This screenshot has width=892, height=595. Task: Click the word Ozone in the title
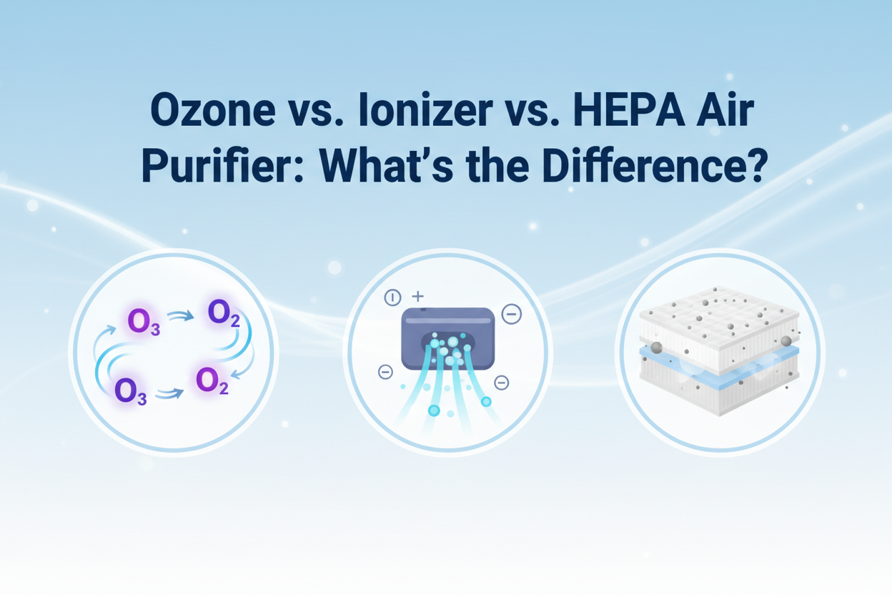pos(213,110)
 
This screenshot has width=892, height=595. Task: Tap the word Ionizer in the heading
pos(425,109)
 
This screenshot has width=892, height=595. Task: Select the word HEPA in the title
pos(629,109)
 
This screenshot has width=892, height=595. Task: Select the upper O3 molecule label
pos(144,323)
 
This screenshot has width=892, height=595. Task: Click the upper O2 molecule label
pos(224,314)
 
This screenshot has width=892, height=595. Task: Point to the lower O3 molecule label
pos(131,392)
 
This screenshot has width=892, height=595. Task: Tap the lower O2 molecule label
pos(212,381)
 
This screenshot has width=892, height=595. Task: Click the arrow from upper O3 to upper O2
pos(180,317)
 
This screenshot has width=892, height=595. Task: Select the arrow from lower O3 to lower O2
pos(169,394)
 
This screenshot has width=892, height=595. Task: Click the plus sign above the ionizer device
pos(417,297)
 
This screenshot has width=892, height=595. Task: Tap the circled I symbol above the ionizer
pos(392,297)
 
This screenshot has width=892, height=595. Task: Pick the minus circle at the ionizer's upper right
pos(511,314)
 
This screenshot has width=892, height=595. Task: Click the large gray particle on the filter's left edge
pos(656,348)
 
